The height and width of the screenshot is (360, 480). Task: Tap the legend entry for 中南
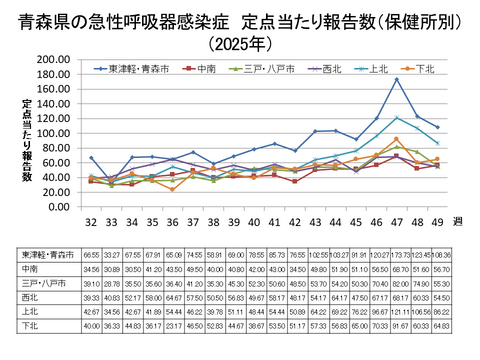204,69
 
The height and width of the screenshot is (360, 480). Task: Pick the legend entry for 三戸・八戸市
267,69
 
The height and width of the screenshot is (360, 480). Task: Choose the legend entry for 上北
378,69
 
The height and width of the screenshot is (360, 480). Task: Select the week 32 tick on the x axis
90,220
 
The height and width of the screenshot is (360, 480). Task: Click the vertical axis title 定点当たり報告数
27,140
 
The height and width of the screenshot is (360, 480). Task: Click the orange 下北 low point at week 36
172,189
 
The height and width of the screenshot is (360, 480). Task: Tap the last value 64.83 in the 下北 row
441,326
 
